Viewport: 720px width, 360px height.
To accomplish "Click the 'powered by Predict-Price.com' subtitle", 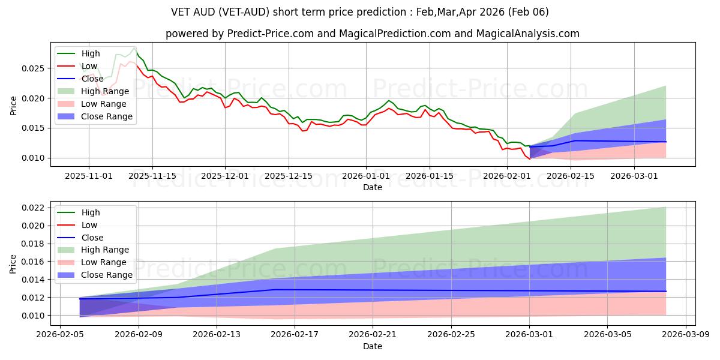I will (372, 34).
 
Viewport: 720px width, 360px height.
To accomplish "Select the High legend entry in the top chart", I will (91, 53).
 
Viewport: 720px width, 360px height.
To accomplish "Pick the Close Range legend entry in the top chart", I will (107, 116).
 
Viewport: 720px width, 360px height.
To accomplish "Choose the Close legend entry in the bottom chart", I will (92, 238).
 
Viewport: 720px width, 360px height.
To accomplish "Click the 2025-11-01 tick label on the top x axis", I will (89, 176).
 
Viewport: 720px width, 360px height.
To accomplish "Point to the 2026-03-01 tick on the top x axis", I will (635, 176).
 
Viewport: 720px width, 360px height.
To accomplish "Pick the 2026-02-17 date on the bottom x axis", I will (295, 335).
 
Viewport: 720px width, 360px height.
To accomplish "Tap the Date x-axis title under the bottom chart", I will (372, 346).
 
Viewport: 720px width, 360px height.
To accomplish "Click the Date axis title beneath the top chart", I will (372, 187).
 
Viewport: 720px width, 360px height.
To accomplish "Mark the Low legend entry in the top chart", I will (89, 66).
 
